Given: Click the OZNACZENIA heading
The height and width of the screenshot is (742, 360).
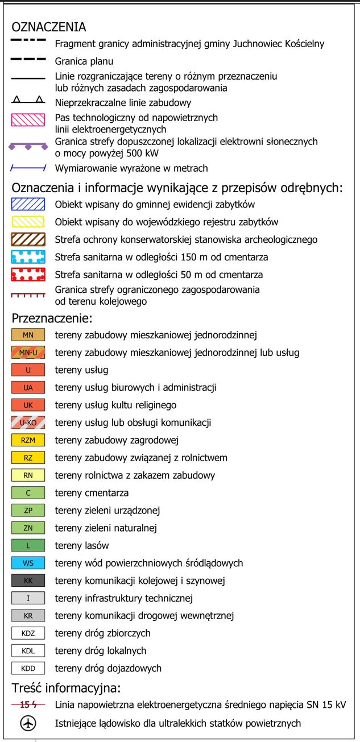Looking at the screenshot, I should [49, 27].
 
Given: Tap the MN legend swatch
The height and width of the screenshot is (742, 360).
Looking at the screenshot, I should [28, 335].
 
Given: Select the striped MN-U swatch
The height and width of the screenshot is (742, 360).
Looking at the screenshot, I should [28, 353].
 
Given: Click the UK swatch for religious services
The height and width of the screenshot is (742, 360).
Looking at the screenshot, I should [28, 405].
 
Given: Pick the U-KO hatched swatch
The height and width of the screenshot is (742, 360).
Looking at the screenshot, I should [28, 422].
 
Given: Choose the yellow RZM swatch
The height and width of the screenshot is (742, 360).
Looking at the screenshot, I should [28, 440].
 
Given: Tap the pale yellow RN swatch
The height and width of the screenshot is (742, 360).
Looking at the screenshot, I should [28, 475].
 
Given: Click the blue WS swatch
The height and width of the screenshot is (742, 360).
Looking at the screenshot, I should [28, 563].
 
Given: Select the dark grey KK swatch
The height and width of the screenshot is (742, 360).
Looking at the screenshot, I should [28, 581].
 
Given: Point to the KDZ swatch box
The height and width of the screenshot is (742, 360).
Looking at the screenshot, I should [28, 633].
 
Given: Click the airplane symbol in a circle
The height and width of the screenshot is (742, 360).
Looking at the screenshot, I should [28, 723].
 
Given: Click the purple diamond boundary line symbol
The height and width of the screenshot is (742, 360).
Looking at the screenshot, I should [28, 146].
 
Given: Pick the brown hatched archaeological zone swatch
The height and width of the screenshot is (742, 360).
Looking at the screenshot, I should [28, 239].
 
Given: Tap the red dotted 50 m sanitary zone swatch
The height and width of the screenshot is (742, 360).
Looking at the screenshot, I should [28, 275].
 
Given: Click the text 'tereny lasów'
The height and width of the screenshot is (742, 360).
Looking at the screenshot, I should [82, 546].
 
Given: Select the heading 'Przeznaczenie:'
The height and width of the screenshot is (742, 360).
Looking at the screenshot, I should [52, 318].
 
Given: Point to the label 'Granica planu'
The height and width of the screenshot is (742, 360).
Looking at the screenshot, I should [84, 61].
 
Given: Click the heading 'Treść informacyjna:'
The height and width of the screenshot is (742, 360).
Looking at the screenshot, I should [66, 688].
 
